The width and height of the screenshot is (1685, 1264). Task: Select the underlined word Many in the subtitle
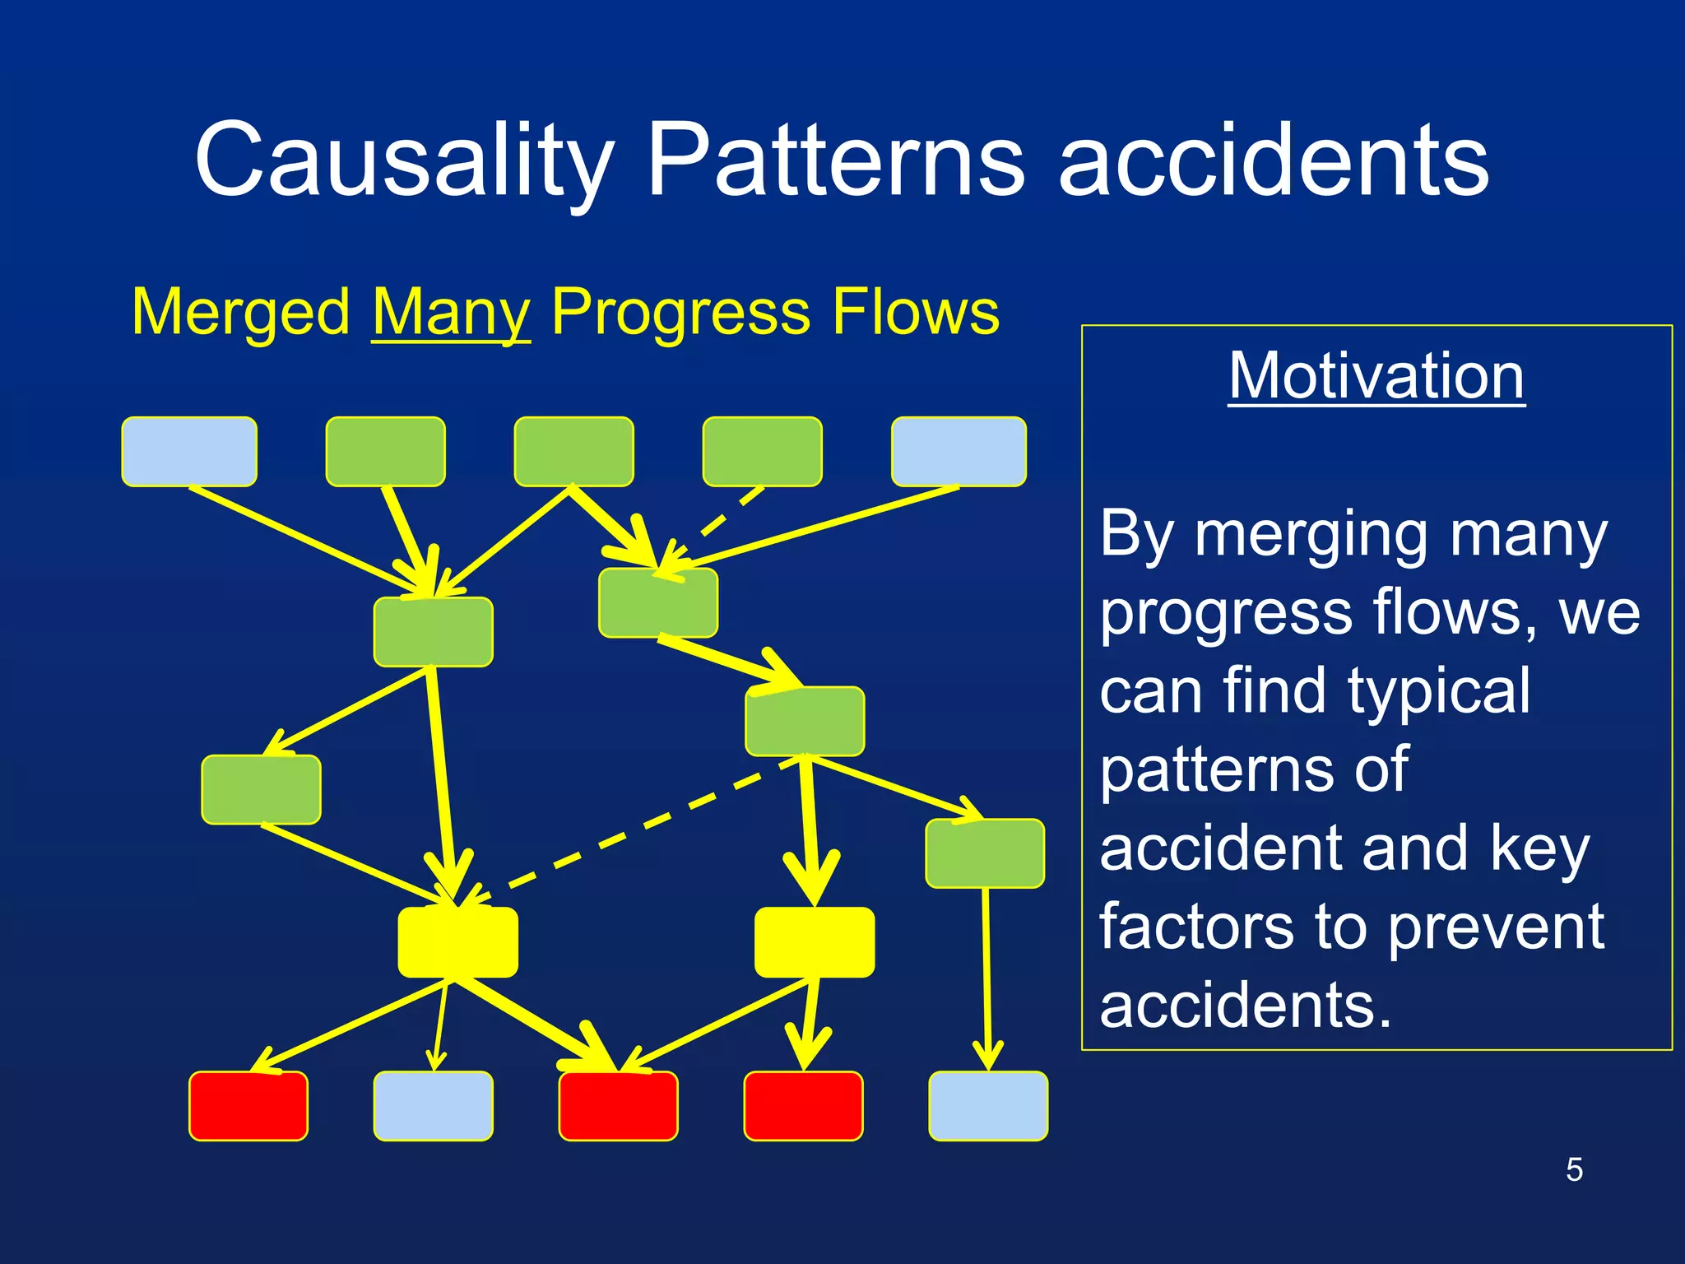pos(451,313)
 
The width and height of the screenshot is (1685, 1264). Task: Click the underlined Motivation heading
pos(1376,375)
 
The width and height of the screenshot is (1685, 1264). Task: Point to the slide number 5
pos(1574,1169)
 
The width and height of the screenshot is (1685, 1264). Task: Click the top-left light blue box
pos(189,452)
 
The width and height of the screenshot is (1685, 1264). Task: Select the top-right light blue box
pos(959,452)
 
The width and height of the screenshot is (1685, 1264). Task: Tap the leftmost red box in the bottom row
pos(248,1106)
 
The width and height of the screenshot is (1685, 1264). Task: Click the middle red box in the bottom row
pos(618,1106)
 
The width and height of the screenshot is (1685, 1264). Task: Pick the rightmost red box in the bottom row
pos(803,1106)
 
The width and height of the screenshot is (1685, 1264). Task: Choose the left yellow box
pos(458,942)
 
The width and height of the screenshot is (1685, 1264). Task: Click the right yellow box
pos(815,942)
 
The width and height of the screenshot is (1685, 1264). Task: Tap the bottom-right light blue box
pos(988,1106)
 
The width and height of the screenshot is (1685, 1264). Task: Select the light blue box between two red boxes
pos(434,1106)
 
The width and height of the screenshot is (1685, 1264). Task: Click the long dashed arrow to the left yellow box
pos(625,831)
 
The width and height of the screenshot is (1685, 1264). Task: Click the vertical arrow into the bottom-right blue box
pos(986,979)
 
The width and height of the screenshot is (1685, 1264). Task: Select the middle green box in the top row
pos(574,452)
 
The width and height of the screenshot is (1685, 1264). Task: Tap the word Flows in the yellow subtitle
pos(915,313)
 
